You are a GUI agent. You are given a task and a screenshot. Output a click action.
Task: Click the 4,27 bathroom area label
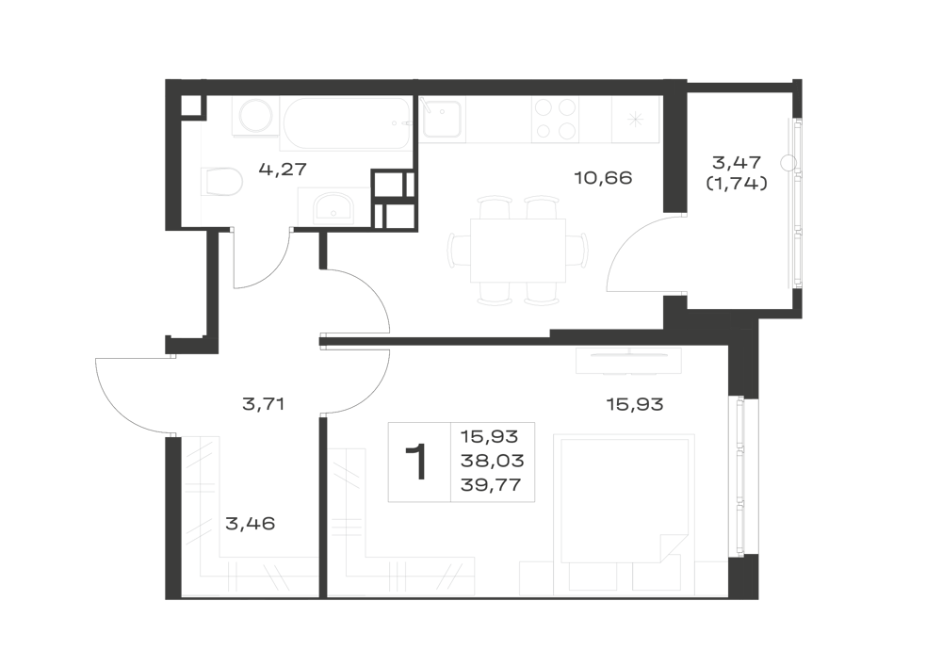tap(283, 170)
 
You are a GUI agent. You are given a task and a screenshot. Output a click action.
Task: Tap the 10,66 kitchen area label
tap(603, 178)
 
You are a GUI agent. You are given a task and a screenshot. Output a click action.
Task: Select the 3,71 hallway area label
tap(263, 404)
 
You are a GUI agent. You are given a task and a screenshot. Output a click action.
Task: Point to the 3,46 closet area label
tap(250, 524)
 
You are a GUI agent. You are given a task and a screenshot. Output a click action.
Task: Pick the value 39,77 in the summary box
tap(492, 484)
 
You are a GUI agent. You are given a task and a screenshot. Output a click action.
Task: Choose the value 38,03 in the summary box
tap(492, 461)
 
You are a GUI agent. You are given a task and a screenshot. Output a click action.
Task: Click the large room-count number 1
tap(418, 462)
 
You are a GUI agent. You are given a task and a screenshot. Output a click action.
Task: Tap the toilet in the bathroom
tap(221, 182)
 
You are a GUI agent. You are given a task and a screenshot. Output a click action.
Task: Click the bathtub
tap(347, 123)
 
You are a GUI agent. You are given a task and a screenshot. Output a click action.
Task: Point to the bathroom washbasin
tap(334, 206)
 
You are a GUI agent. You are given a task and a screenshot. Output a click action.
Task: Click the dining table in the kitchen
tap(518, 251)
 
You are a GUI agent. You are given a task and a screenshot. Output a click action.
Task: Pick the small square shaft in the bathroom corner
tap(191, 106)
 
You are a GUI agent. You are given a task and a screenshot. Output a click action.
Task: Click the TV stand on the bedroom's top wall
tap(628, 361)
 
